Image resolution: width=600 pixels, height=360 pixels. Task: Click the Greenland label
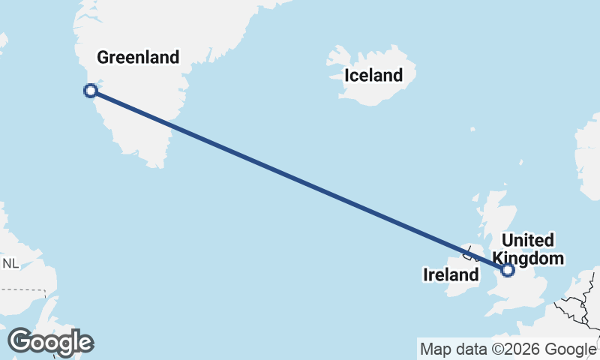[x=138, y=57]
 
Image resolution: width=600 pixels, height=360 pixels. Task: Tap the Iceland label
[x=373, y=75]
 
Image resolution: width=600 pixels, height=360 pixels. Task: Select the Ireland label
[x=451, y=275]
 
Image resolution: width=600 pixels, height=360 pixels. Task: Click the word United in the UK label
[x=528, y=241]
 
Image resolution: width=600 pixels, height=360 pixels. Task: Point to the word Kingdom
[x=533, y=258]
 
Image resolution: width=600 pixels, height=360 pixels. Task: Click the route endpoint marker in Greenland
[x=91, y=91]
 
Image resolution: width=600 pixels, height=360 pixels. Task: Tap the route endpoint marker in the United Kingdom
[x=508, y=269]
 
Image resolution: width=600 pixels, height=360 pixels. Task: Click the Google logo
[x=50, y=342]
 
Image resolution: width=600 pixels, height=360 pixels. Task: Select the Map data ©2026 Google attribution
[x=508, y=349]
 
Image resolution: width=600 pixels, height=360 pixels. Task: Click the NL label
[x=10, y=263]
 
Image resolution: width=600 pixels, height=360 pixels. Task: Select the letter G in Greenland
[x=103, y=57]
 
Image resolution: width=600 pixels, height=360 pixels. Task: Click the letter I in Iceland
[x=346, y=75]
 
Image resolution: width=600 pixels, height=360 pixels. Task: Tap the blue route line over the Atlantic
[x=300, y=181]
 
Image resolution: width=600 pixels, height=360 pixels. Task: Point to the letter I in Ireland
[x=426, y=275]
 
